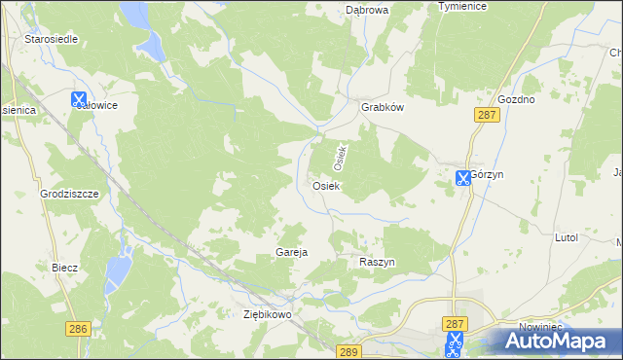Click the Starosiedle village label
(51, 39)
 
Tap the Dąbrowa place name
(367, 10)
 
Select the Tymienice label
(462, 6)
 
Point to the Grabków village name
(383, 108)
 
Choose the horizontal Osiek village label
(325, 185)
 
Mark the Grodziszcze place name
(70, 194)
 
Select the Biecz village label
(64, 266)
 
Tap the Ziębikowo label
(268, 315)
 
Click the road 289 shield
(349, 350)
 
